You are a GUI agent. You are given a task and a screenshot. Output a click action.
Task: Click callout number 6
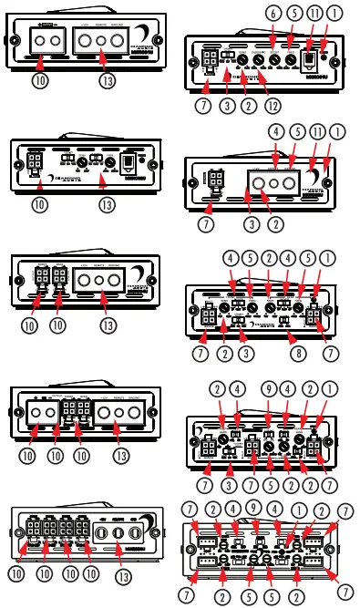(273, 13)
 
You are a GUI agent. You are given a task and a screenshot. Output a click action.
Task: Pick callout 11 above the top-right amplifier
(315, 13)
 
